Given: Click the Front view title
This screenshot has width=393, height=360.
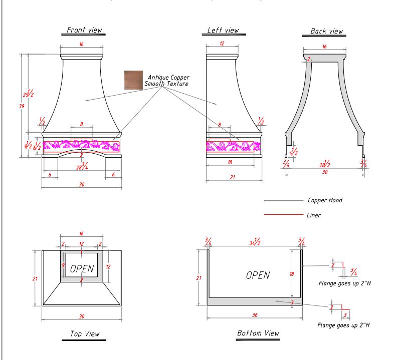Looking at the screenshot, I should pyautogui.click(x=85, y=30).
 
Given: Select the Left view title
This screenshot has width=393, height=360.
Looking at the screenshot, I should pyautogui.click(x=223, y=31).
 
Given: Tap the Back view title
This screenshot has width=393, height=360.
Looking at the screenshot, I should pyautogui.click(x=326, y=31).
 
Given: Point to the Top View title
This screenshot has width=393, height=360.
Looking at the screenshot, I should pyautogui.click(x=84, y=333).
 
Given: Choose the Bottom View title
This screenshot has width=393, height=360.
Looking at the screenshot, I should pyautogui.click(x=258, y=333).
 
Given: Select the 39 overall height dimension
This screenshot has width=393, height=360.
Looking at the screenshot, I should pyautogui.click(x=22, y=107).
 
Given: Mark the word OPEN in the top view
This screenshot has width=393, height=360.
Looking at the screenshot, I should pyautogui.click(x=82, y=268).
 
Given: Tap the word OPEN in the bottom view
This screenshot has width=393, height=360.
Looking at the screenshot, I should pyautogui.click(x=258, y=275).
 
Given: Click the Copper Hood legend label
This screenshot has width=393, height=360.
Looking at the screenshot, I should pyautogui.click(x=325, y=201).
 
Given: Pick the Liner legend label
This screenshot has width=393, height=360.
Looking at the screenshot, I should pyautogui.click(x=314, y=215).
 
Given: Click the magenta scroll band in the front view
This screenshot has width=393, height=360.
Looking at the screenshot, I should pyautogui.click(x=82, y=145).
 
